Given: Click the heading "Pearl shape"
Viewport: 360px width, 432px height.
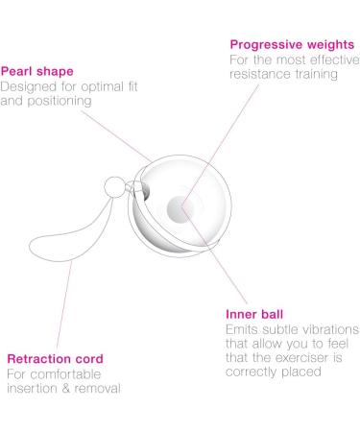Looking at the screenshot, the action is pyautogui.click(x=36, y=70).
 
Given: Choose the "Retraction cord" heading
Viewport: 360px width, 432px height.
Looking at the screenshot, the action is pyautogui.click(x=55, y=359).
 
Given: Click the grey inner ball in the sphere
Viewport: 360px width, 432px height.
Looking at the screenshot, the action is pyautogui.click(x=180, y=204).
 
